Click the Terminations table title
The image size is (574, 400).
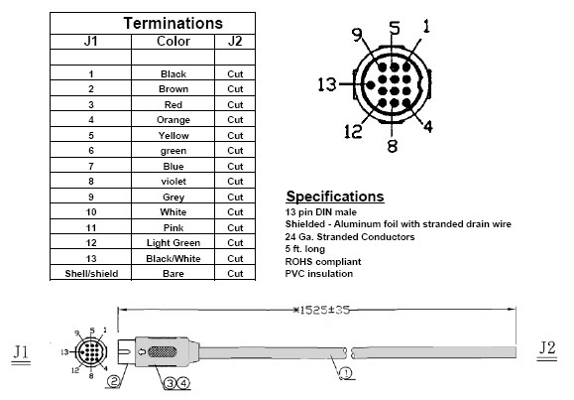tap(173, 23)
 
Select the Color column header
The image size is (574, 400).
tap(173, 41)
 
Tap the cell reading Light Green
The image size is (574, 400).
tap(173, 243)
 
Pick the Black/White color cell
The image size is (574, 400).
tap(173, 258)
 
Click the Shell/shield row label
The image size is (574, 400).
tap(91, 274)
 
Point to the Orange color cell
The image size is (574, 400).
tap(173, 120)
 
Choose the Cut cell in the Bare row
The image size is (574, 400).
tap(235, 274)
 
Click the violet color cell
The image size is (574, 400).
tap(173, 181)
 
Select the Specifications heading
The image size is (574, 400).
tap(335, 197)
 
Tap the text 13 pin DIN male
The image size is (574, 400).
tap(320, 212)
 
